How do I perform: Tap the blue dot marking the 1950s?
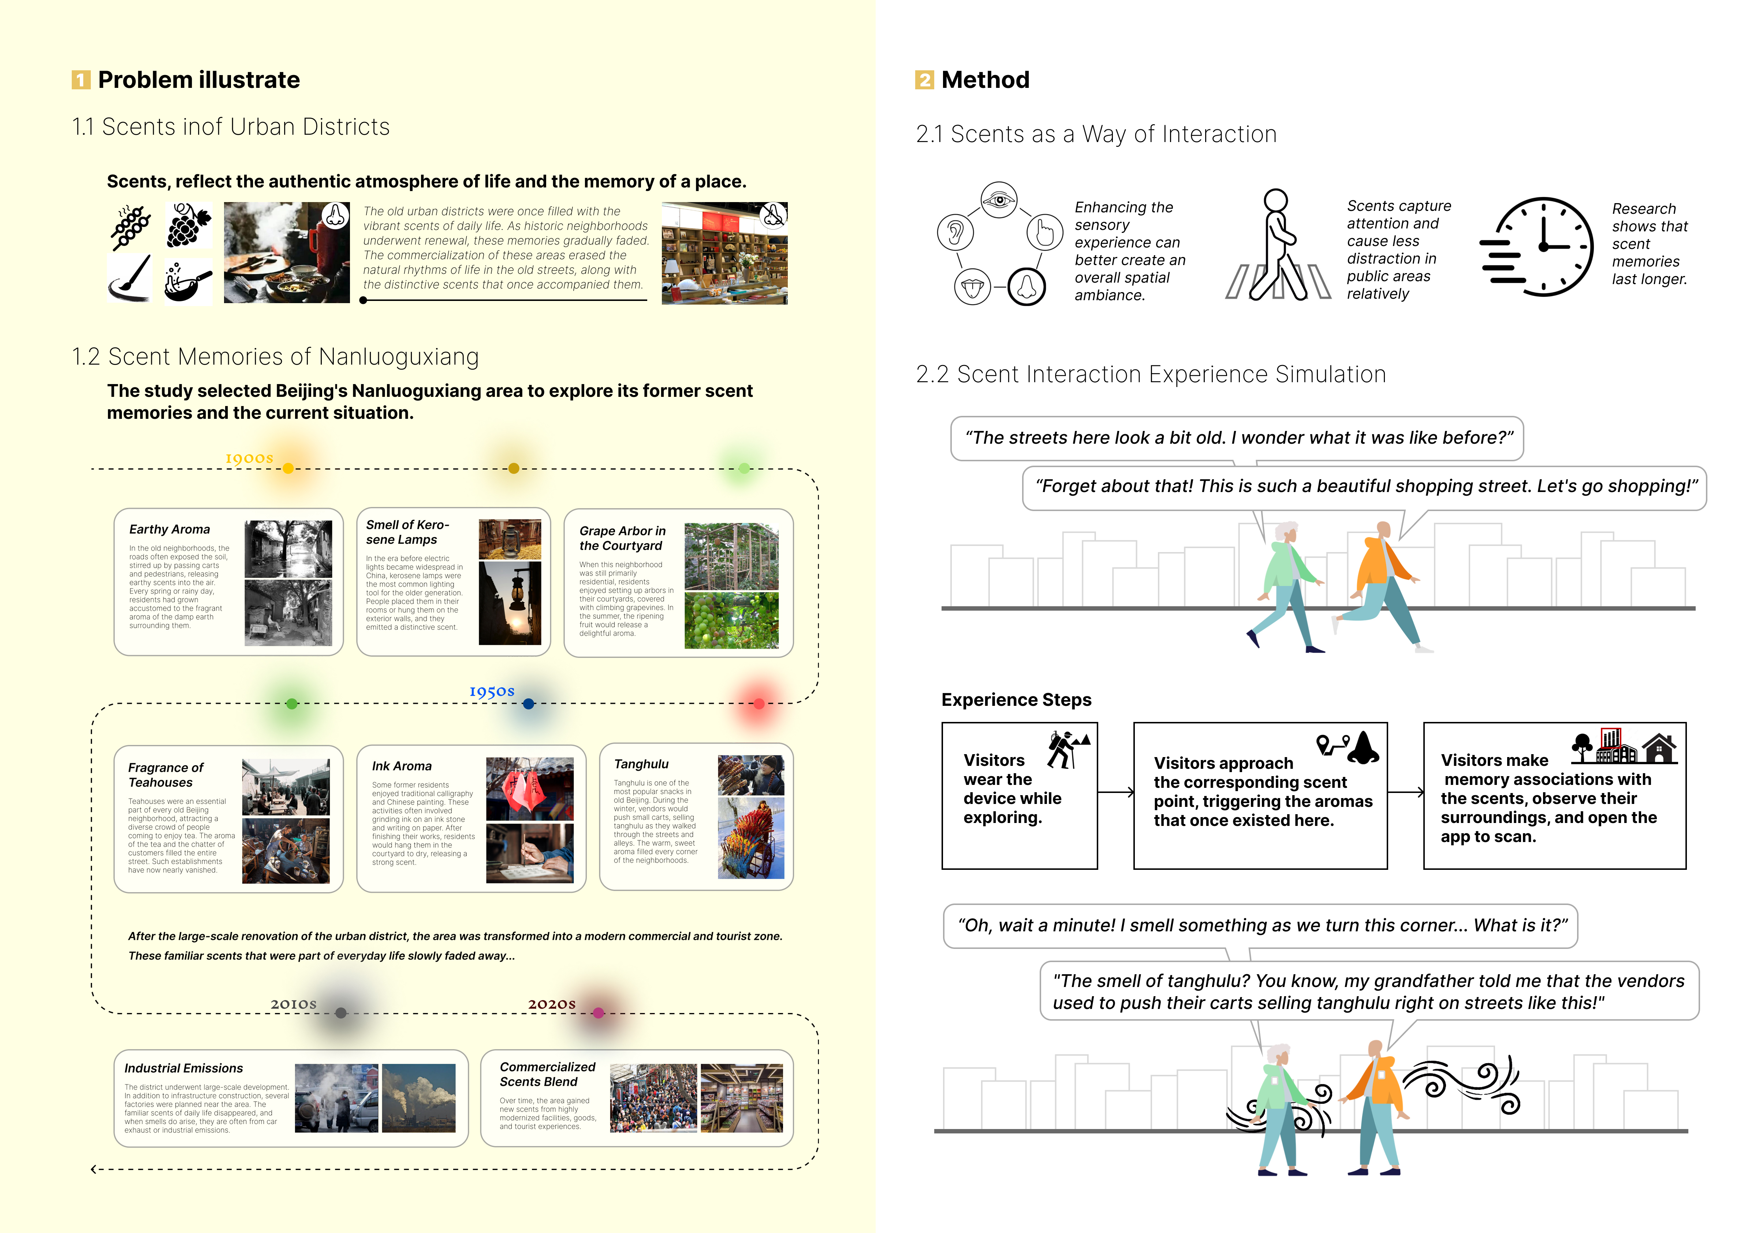(529, 704)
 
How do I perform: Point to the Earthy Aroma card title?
(169, 529)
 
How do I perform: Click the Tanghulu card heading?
(641, 764)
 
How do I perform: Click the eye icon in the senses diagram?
(999, 201)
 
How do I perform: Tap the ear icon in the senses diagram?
(955, 232)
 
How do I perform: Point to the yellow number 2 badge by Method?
(924, 80)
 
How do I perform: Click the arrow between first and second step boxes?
(1115, 792)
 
